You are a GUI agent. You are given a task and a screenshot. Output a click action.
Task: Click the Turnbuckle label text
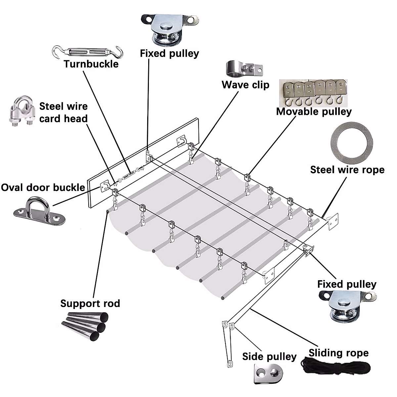pos(91,64)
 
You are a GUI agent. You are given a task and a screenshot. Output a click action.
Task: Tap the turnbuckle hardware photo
pos(88,52)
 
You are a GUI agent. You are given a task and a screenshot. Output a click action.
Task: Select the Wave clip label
pos(245,85)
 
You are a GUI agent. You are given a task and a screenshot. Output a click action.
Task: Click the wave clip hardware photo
pos(244,68)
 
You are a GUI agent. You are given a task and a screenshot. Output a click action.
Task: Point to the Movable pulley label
pos(314,112)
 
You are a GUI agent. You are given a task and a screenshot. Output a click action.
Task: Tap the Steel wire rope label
pos(347,170)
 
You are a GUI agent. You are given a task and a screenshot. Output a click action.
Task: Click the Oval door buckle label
pos(43,188)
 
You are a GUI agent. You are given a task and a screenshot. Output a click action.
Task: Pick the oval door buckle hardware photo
pos(39,211)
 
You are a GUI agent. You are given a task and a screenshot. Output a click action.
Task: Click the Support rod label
pos(90,303)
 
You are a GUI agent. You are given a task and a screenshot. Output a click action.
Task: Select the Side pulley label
pos(269,357)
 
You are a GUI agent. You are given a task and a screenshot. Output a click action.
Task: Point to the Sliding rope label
pos(339,353)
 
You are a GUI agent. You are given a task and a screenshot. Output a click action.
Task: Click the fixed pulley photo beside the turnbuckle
pos(170,30)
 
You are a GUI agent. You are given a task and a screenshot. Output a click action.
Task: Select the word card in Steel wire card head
pos(52,119)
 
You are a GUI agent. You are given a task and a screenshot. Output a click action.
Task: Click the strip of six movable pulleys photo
pos(313,93)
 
